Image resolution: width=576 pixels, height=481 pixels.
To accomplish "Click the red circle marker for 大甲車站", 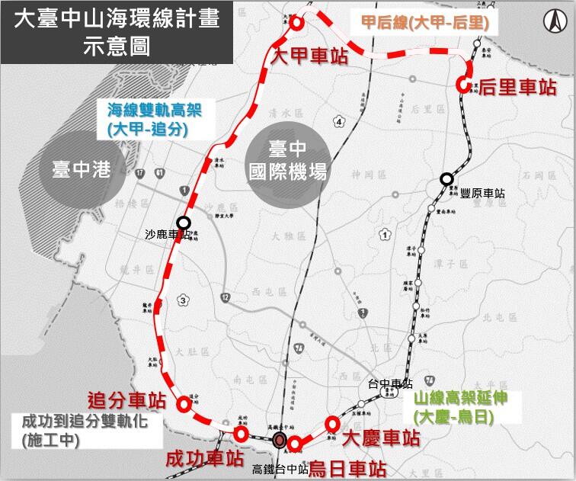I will [x=297, y=23].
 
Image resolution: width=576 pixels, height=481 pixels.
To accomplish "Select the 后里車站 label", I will [x=518, y=87].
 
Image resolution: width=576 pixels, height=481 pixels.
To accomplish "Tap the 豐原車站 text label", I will [x=482, y=194].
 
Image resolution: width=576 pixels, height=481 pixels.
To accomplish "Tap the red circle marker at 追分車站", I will [x=183, y=405].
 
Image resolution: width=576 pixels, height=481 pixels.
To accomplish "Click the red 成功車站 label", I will [x=205, y=459].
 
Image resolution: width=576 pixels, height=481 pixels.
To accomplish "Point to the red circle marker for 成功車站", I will [x=241, y=434].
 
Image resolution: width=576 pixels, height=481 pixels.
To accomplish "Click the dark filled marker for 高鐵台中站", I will [x=280, y=439].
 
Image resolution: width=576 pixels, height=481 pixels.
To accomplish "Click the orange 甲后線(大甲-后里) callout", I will [x=424, y=24].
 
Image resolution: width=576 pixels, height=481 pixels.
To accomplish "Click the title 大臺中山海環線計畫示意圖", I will [x=108, y=32].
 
